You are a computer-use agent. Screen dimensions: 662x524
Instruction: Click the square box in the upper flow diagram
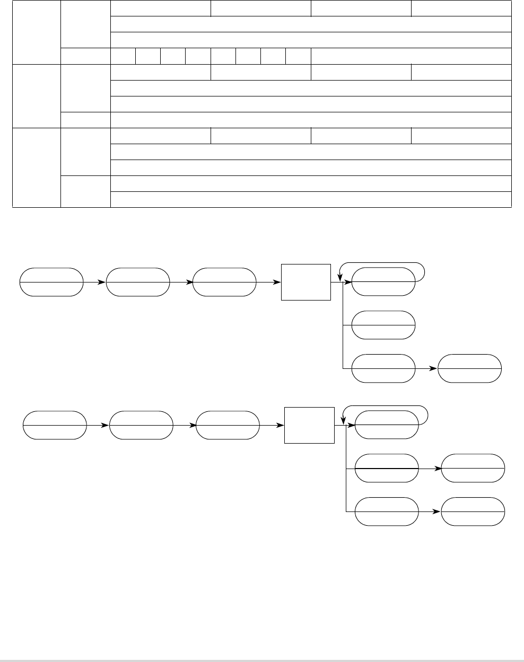(x=305, y=281)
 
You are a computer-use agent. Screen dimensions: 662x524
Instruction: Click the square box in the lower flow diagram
(x=310, y=425)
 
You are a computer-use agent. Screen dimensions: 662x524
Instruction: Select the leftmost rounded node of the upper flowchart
(x=51, y=281)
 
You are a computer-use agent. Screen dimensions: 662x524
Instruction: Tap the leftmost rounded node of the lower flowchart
(x=55, y=425)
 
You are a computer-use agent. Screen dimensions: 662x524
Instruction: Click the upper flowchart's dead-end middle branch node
(x=383, y=325)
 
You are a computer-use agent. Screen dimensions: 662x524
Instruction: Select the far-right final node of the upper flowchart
(x=470, y=368)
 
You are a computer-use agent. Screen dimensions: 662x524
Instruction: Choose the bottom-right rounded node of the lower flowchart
(x=473, y=511)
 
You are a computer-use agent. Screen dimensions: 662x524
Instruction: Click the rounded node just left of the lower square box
(x=228, y=425)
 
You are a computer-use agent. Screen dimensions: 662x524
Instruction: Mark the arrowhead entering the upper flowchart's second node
(x=103, y=282)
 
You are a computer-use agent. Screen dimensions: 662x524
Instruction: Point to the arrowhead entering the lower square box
(x=281, y=425)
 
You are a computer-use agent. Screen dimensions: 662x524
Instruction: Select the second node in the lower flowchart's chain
(x=141, y=425)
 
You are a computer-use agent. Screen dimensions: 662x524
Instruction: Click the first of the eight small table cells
(x=123, y=56)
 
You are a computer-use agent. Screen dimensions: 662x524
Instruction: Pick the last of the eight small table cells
(x=298, y=56)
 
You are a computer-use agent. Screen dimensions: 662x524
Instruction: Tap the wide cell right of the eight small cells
(x=411, y=56)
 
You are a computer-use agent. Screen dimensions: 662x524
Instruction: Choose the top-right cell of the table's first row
(x=461, y=8)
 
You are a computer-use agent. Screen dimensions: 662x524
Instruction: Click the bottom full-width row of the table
(x=311, y=199)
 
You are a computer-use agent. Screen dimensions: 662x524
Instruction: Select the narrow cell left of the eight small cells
(x=85, y=56)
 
